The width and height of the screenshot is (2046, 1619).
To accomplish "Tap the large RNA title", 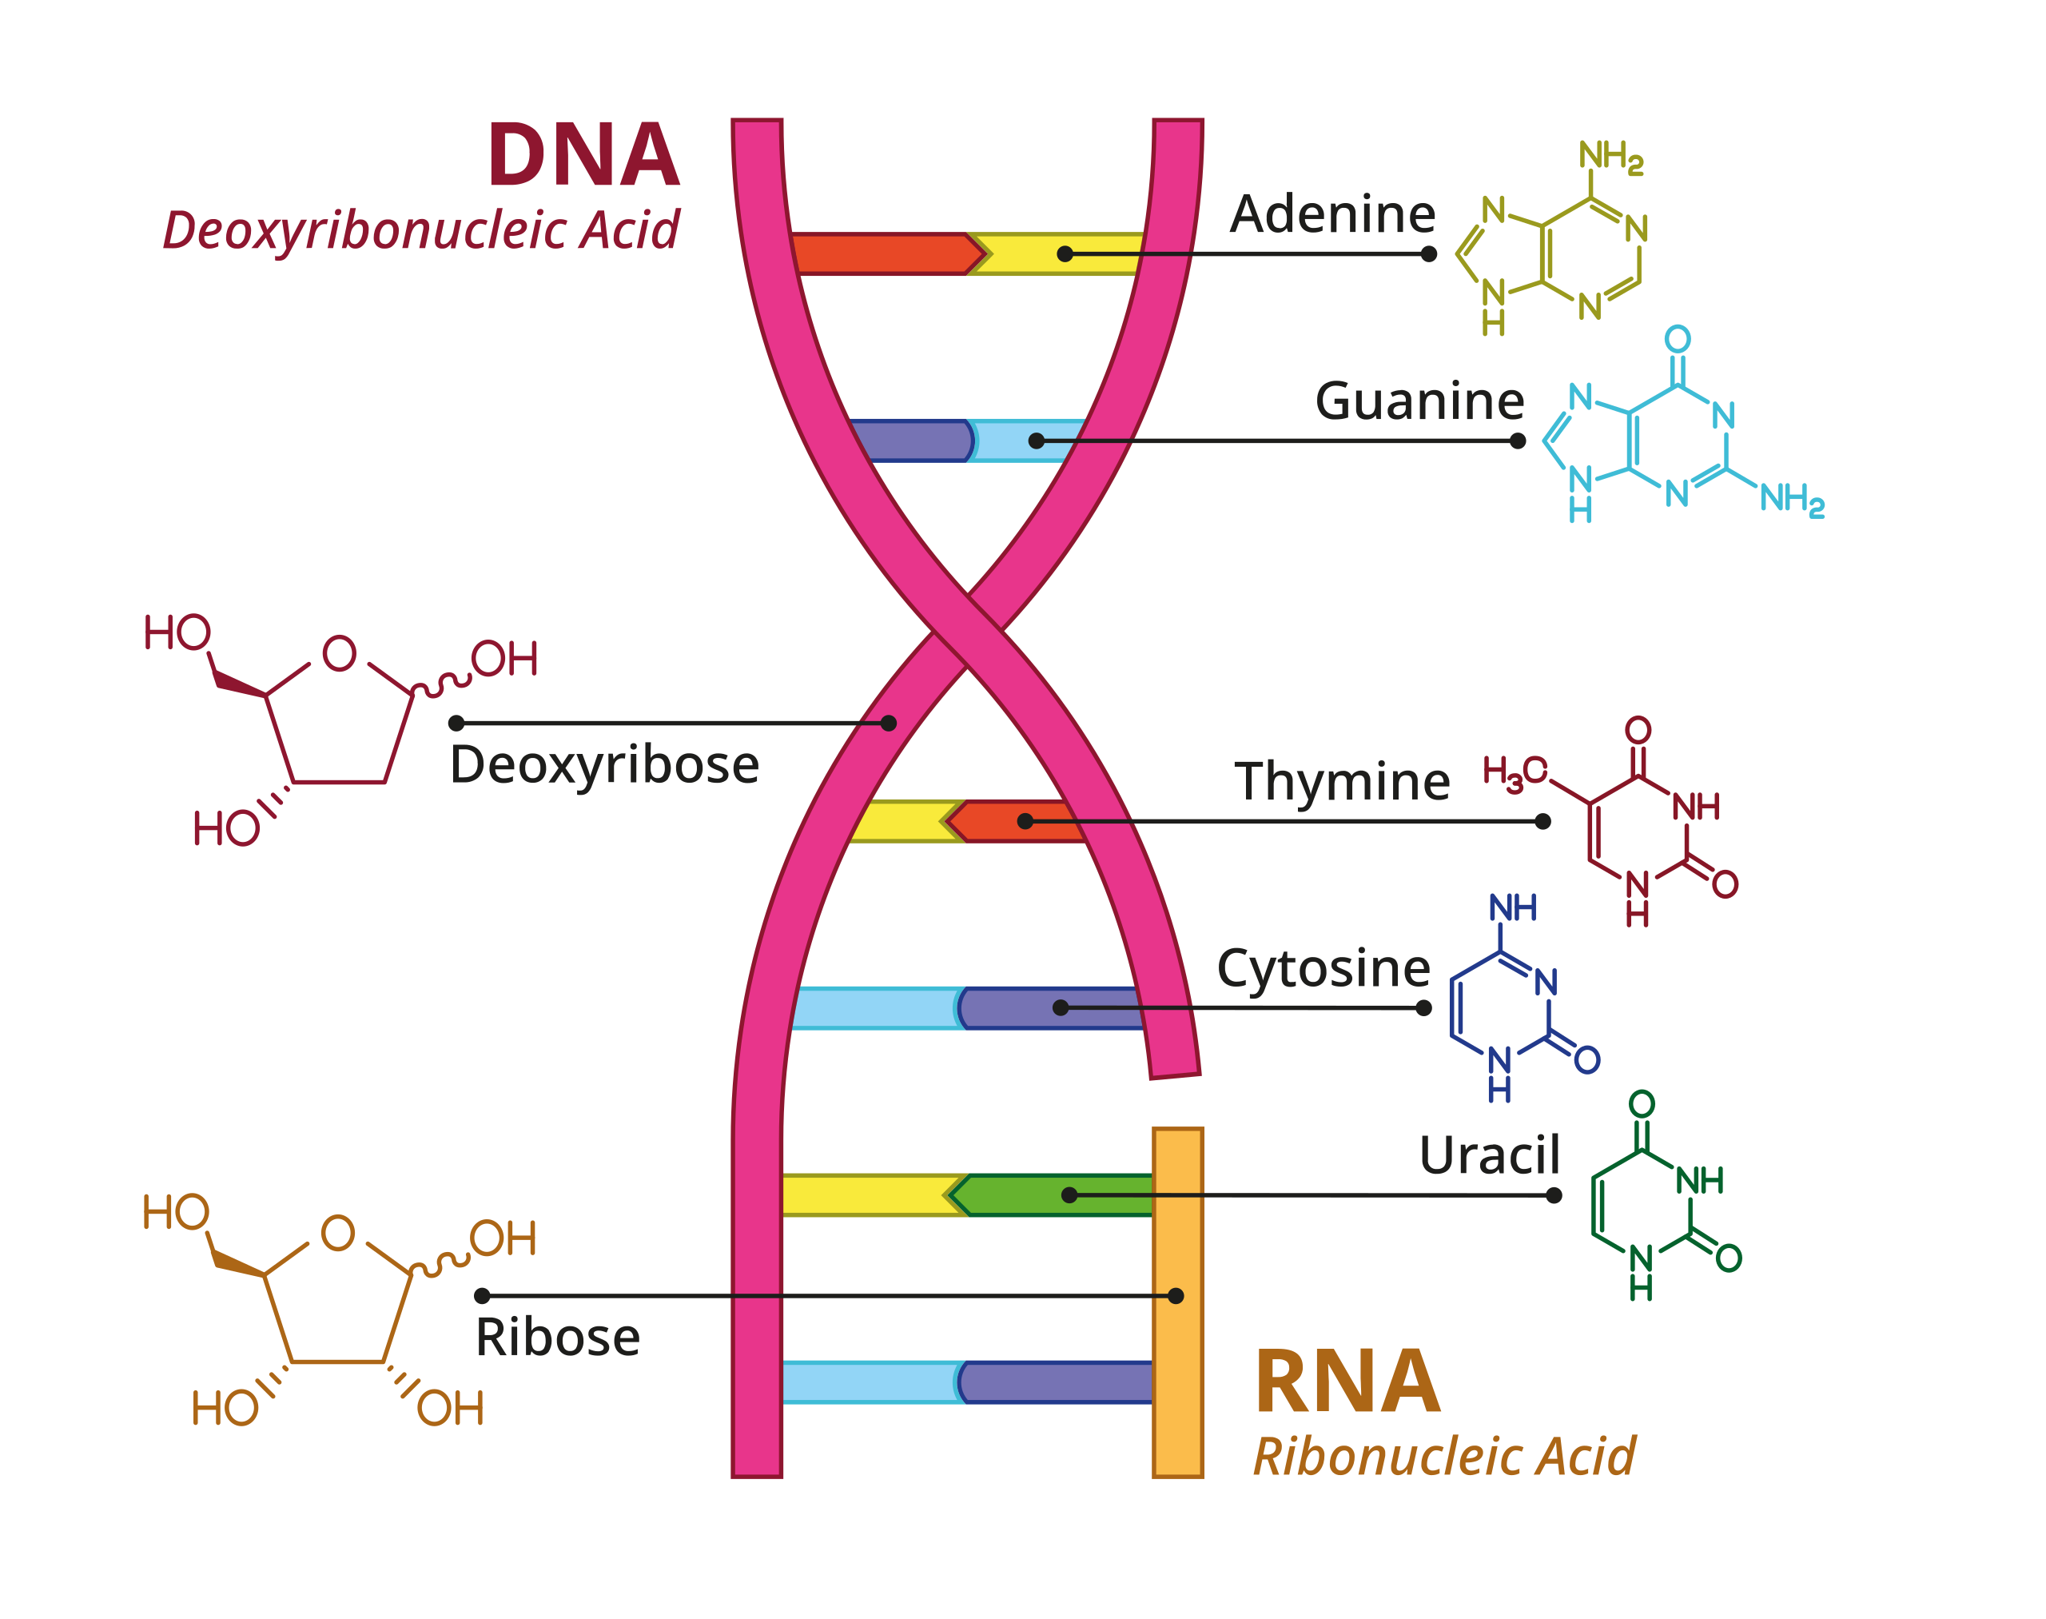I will (x=1347, y=1383).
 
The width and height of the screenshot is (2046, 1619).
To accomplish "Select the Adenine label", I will (x=1331, y=214).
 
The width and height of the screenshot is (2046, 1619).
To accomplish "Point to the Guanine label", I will (x=1419, y=401).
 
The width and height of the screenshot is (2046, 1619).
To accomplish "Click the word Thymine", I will (x=1341, y=781).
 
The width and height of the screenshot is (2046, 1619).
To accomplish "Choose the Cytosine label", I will (x=1323, y=969).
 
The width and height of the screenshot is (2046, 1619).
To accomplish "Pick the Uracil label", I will (x=1489, y=1155).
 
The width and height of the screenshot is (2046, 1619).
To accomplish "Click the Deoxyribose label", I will (x=603, y=765).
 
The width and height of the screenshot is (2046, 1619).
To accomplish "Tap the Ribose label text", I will (x=557, y=1338).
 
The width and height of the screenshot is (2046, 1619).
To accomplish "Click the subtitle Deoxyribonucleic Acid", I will (x=420, y=230).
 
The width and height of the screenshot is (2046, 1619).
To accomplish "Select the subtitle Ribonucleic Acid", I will (x=1443, y=1457).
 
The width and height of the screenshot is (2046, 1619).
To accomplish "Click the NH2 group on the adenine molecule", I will (x=1610, y=157).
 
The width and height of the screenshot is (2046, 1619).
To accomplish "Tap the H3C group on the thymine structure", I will (x=1514, y=772).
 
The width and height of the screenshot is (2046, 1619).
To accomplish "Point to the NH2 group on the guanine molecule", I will (x=1791, y=499).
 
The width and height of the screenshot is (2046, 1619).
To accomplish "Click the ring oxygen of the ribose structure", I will (x=338, y=1232).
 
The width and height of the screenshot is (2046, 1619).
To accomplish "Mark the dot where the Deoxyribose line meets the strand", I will (x=888, y=724).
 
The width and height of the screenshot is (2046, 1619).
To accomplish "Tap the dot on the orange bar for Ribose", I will (x=1175, y=1296).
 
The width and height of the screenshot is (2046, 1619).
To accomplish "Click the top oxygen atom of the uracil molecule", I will (x=1642, y=1103).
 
